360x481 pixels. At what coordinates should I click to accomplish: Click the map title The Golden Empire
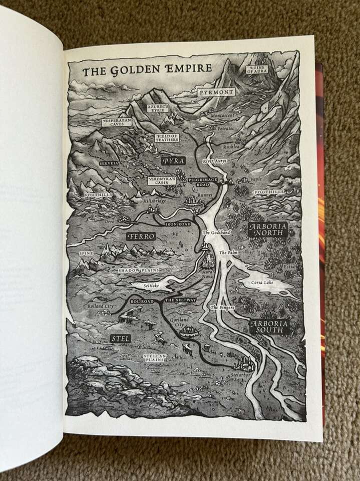(x=140, y=71)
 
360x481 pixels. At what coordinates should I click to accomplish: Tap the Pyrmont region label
(x=216, y=93)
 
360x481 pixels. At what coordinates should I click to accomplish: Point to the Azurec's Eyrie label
(x=158, y=108)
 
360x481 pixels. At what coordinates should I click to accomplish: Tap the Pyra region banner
(x=173, y=160)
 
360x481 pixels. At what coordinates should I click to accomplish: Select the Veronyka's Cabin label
(x=161, y=180)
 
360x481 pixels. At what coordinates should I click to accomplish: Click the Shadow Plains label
(x=138, y=270)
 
